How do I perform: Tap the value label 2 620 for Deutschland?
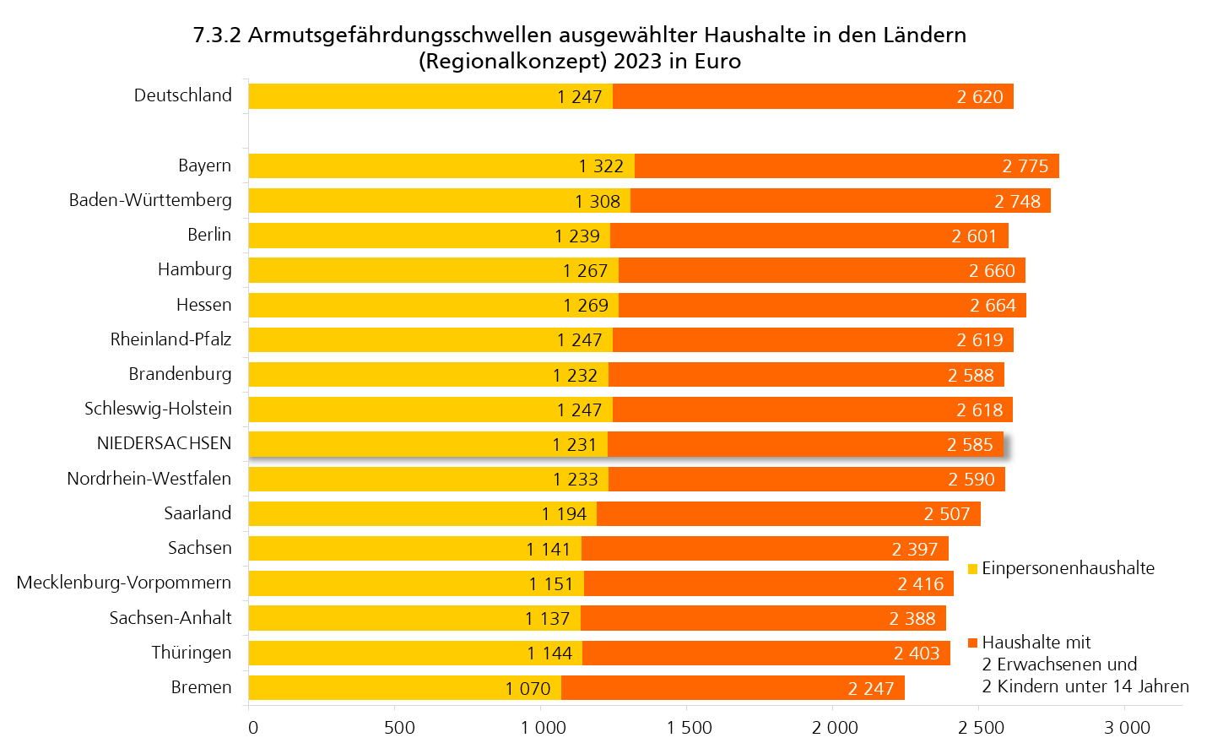pos(980,97)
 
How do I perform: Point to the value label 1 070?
pos(528,689)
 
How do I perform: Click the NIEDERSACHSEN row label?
pos(164,443)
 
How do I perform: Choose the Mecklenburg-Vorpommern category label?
pos(124,583)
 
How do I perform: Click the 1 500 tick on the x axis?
pos(689,727)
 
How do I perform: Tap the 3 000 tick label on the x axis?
pos(1127,727)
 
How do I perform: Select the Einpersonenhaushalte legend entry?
pos(1068,568)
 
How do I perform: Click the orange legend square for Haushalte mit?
pos(972,643)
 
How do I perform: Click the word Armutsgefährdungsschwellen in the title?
pos(401,35)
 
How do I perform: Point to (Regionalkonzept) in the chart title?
pos(512,62)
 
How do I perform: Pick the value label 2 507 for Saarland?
pos(946,514)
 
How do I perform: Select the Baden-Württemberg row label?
pos(150,200)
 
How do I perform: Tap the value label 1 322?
pos(601,166)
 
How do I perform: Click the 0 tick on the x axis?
pos(253,727)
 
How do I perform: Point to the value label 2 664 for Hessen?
pos(993,306)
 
